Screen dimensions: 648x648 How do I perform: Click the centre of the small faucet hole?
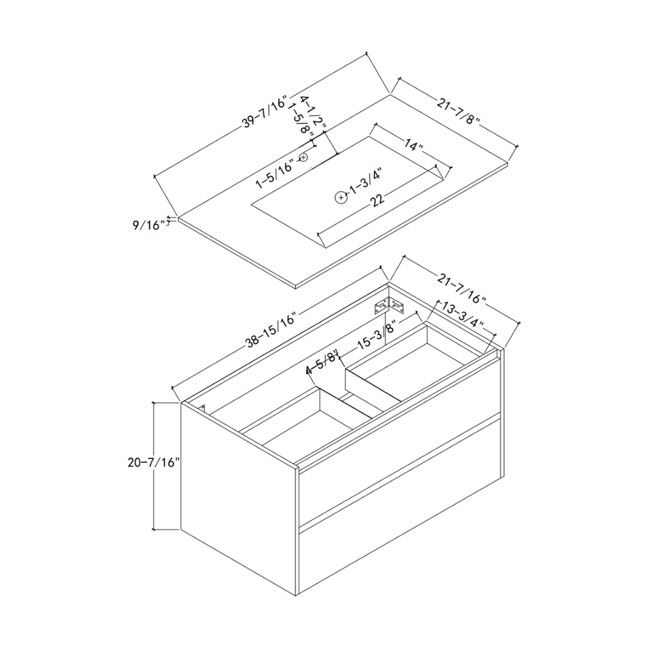pyautogui.click(x=304, y=157)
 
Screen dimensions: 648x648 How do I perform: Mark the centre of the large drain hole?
pyautogui.click(x=340, y=197)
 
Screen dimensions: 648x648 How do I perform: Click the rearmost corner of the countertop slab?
pyautogui.click(x=390, y=95)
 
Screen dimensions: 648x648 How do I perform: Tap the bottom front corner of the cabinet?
pyautogui.click(x=296, y=595)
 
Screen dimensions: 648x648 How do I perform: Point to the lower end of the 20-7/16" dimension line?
pyautogui.click(x=154, y=530)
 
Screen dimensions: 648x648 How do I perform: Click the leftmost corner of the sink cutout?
pyautogui.click(x=251, y=204)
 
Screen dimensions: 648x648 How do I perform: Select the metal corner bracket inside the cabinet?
pyautogui.click(x=389, y=306)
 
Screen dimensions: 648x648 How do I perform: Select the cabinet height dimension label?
pyautogui.click(x=154, y=462)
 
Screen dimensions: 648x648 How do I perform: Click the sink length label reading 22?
pyautogui.click(x=377, y=200)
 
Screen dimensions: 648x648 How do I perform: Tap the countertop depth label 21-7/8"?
pyautogui.click(x=458, y=111)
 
